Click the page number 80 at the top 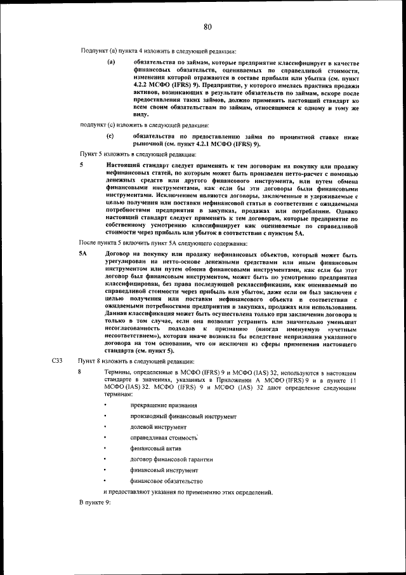click(207, 26)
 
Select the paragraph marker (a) click(110, 62)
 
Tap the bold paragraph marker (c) click(110, 136)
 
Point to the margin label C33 click(56, 361)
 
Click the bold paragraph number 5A click(82, 254)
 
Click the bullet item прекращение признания click(163, 405)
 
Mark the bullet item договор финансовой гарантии click(171, 459)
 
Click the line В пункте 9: click(95, 503)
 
